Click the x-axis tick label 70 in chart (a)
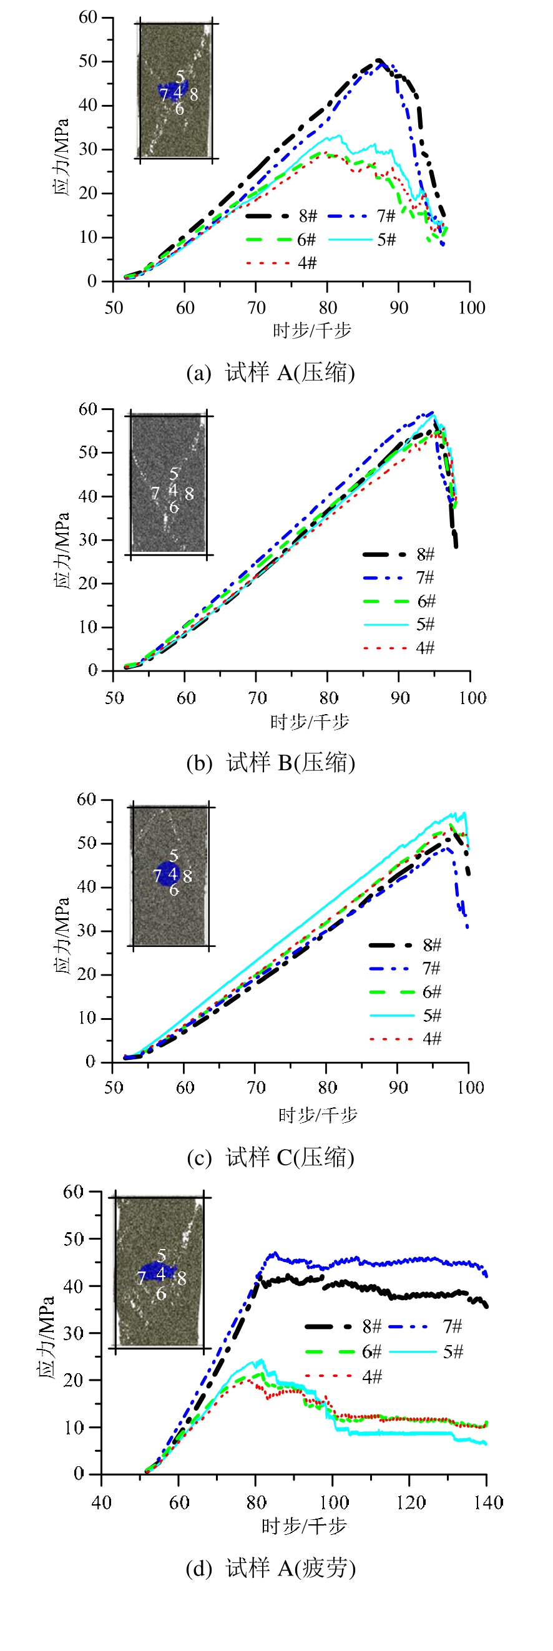(x=257, y=308)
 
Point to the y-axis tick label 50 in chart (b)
(x=88, y=453)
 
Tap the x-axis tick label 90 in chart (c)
(x=398, y=1087)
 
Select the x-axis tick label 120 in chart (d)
(x=410, y=1502)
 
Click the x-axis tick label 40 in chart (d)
(x=101, y=1502)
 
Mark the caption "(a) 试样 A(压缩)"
(x=270, y=373)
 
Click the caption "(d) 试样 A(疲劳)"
(x=270, y=1568)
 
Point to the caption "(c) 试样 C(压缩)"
(x=270, y=1157)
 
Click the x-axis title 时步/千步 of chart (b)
(x=310, y=722)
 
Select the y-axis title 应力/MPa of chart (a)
(x=62, y=157)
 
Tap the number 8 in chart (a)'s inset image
(x=193, y=95)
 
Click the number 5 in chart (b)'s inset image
(x=174, y=474)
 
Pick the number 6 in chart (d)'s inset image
(x=162, y=1294)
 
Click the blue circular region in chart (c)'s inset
(x=165, y=873)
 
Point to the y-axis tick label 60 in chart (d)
(x=73, y=1192)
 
